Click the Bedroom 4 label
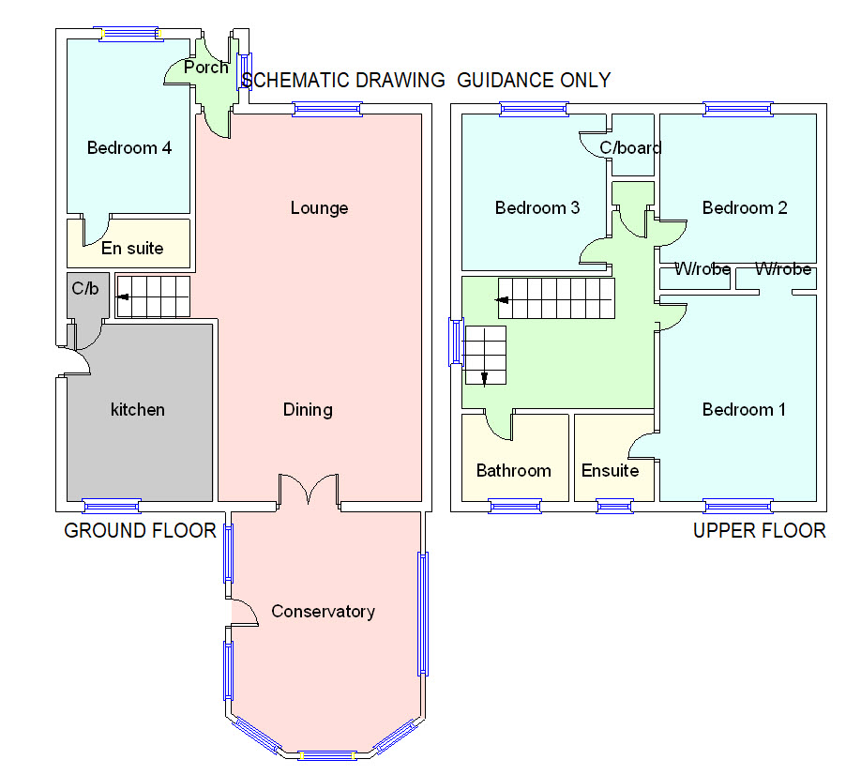click(x=129, y=147)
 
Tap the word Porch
click(x=206, y=67)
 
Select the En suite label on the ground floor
click(x=132, y=249)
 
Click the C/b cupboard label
click(x=85, y=288)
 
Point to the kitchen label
click(x=137, y=410)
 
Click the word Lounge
click(x=319, y=208)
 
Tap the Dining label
click(x=308, y=410)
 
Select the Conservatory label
click(x=323, y=612)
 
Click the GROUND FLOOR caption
click(x=140, y=530)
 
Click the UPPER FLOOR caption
click(x=760, y=530)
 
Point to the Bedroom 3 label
click(x=537, y=208)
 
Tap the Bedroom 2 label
click(x=745, y=208)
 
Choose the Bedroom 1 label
click(x=744, y=410)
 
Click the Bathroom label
click(x=513, y=471)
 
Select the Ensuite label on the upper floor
click(x=610, y=471)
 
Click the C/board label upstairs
click(x=630, y=147)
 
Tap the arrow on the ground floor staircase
click(x=123, y=297)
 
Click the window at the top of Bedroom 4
click(x=130, y=34)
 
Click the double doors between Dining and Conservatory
click(x=308, y=488)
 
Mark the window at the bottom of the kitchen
click(x=112, y=506)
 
